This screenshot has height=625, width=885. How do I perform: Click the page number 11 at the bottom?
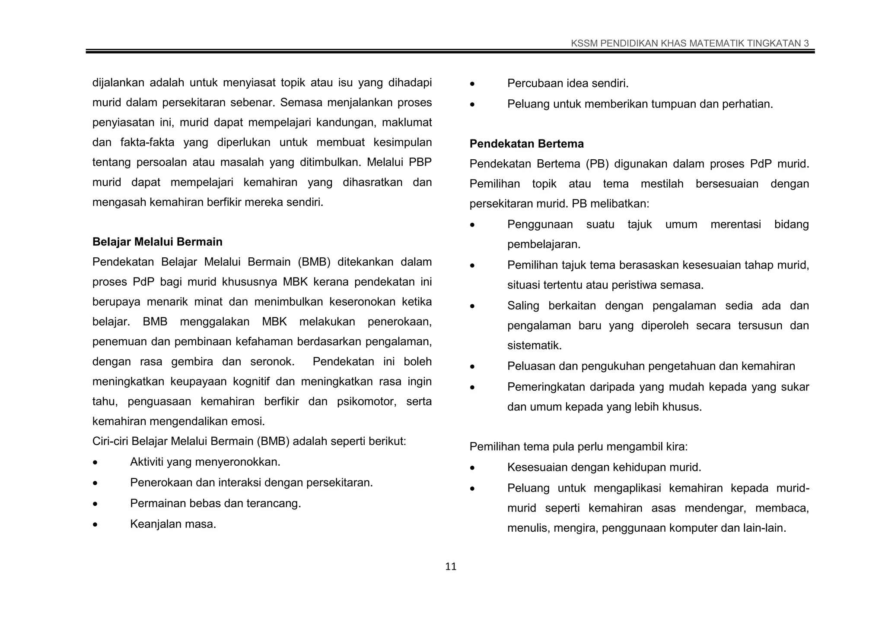tap(451, 567)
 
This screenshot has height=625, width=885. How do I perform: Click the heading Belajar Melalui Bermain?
tap(157, 242)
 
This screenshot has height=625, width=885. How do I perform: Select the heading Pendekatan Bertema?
tap(526, 144)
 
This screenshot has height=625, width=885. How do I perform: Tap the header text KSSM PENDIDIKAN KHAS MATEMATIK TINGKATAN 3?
tap(690, 43)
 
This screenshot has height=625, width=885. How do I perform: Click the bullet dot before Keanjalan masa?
tap(95, 525)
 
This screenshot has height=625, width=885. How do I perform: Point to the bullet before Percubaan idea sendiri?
tap(472, 84)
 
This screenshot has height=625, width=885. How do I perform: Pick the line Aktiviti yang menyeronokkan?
tap(205, 462)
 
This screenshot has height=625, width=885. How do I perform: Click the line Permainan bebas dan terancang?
tap(215, 503)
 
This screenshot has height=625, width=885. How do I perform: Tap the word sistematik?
tap(534, 346)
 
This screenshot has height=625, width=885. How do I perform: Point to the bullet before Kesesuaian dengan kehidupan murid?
tap(472, 468)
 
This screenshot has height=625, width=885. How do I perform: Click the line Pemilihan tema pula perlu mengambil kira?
tap(578, 446)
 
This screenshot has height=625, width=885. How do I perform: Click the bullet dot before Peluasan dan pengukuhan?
tap(472, 367)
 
